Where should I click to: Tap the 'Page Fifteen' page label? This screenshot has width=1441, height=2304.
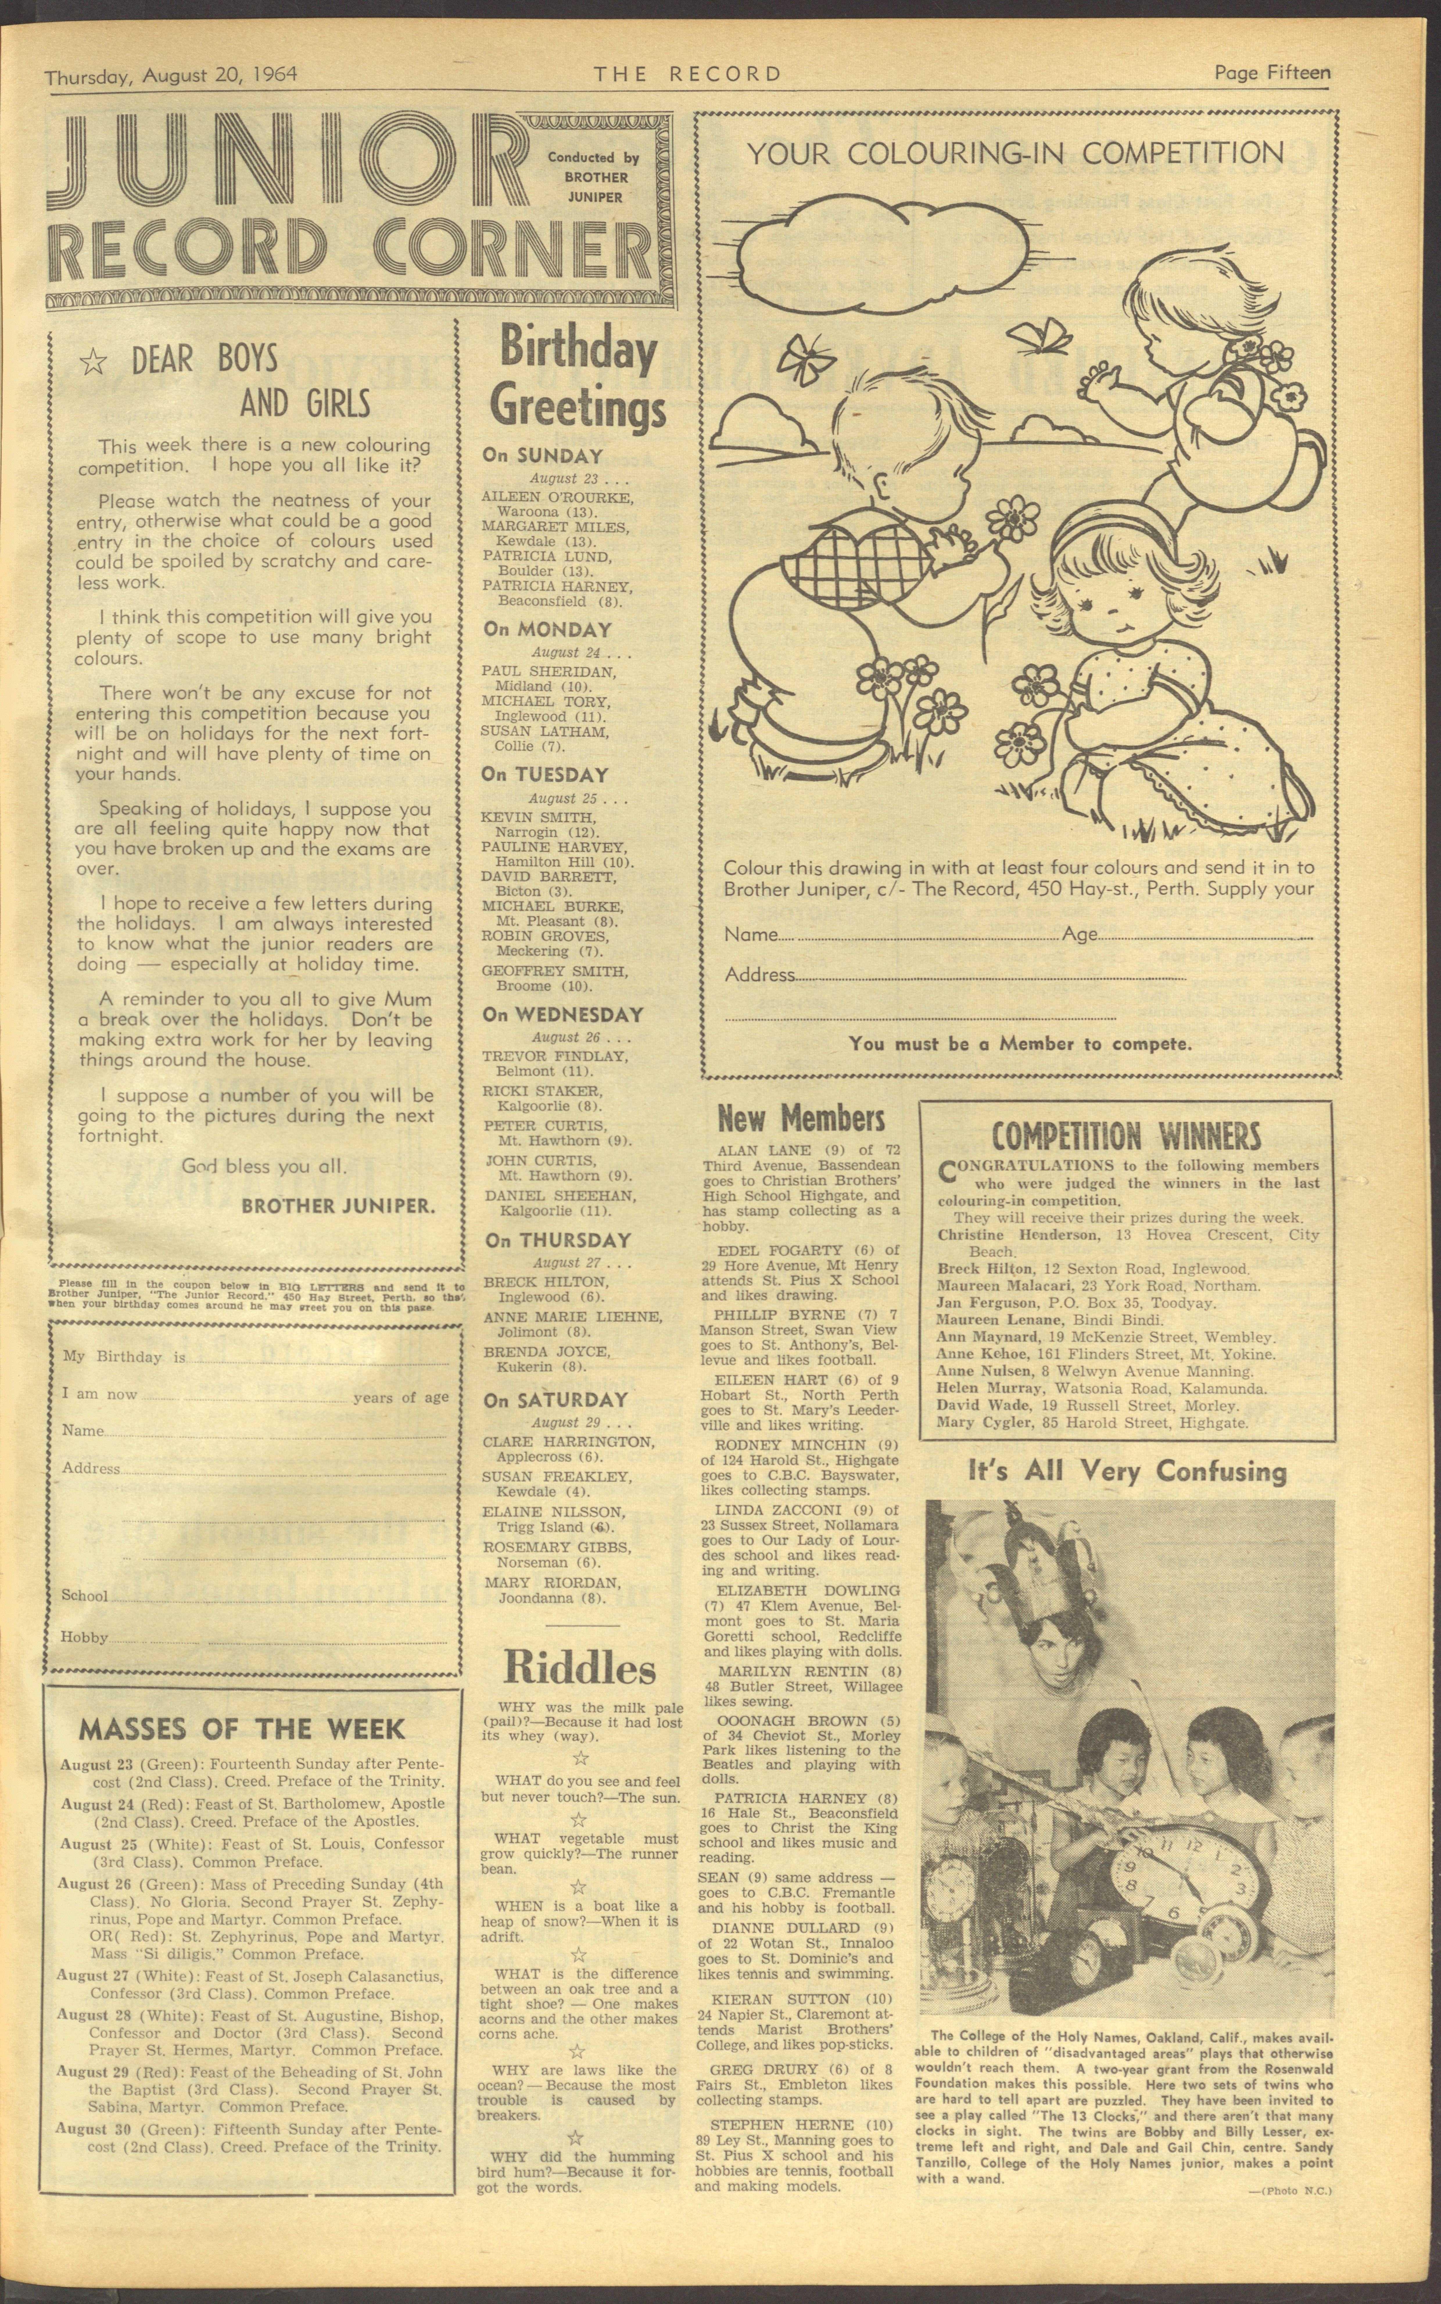click(x=1271, y=72)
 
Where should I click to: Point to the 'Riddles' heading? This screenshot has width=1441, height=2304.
click(x=578, y=1669)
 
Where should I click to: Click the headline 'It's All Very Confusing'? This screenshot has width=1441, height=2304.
click(x=1126, y=1471)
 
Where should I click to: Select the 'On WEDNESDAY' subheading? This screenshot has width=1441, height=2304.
click(x=562, y=1015)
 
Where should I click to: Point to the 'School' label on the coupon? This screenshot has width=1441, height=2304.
click(x=85, y=1595)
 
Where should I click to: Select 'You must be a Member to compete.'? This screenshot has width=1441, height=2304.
click(x=1020, y=1043)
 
